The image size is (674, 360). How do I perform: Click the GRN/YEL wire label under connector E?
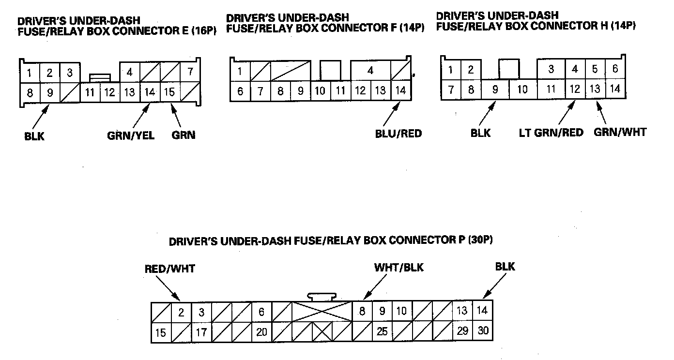(x=131, y=135)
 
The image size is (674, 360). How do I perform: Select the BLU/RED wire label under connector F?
(x=398, y=134)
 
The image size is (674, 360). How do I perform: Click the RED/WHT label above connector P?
(x=170, y=269)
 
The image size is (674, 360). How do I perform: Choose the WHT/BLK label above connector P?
(x=398, y=268)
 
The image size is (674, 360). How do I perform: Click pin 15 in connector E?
(x=169, y=91)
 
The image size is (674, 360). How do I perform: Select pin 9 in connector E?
(x=49, y=91)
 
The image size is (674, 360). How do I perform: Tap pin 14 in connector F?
(x=400, y=90)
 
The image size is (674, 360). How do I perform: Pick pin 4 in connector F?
(x=370, y=70)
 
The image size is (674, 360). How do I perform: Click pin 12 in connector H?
(x=575, y=89)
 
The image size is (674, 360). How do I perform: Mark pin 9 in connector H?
(x=495, y=90)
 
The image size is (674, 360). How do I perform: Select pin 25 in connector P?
(x=383, y=332)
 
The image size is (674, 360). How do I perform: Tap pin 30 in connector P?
(x=483, y=331)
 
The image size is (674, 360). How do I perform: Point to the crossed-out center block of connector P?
(x=322, y=312)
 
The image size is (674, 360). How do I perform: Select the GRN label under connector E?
(x=184, y=135)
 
